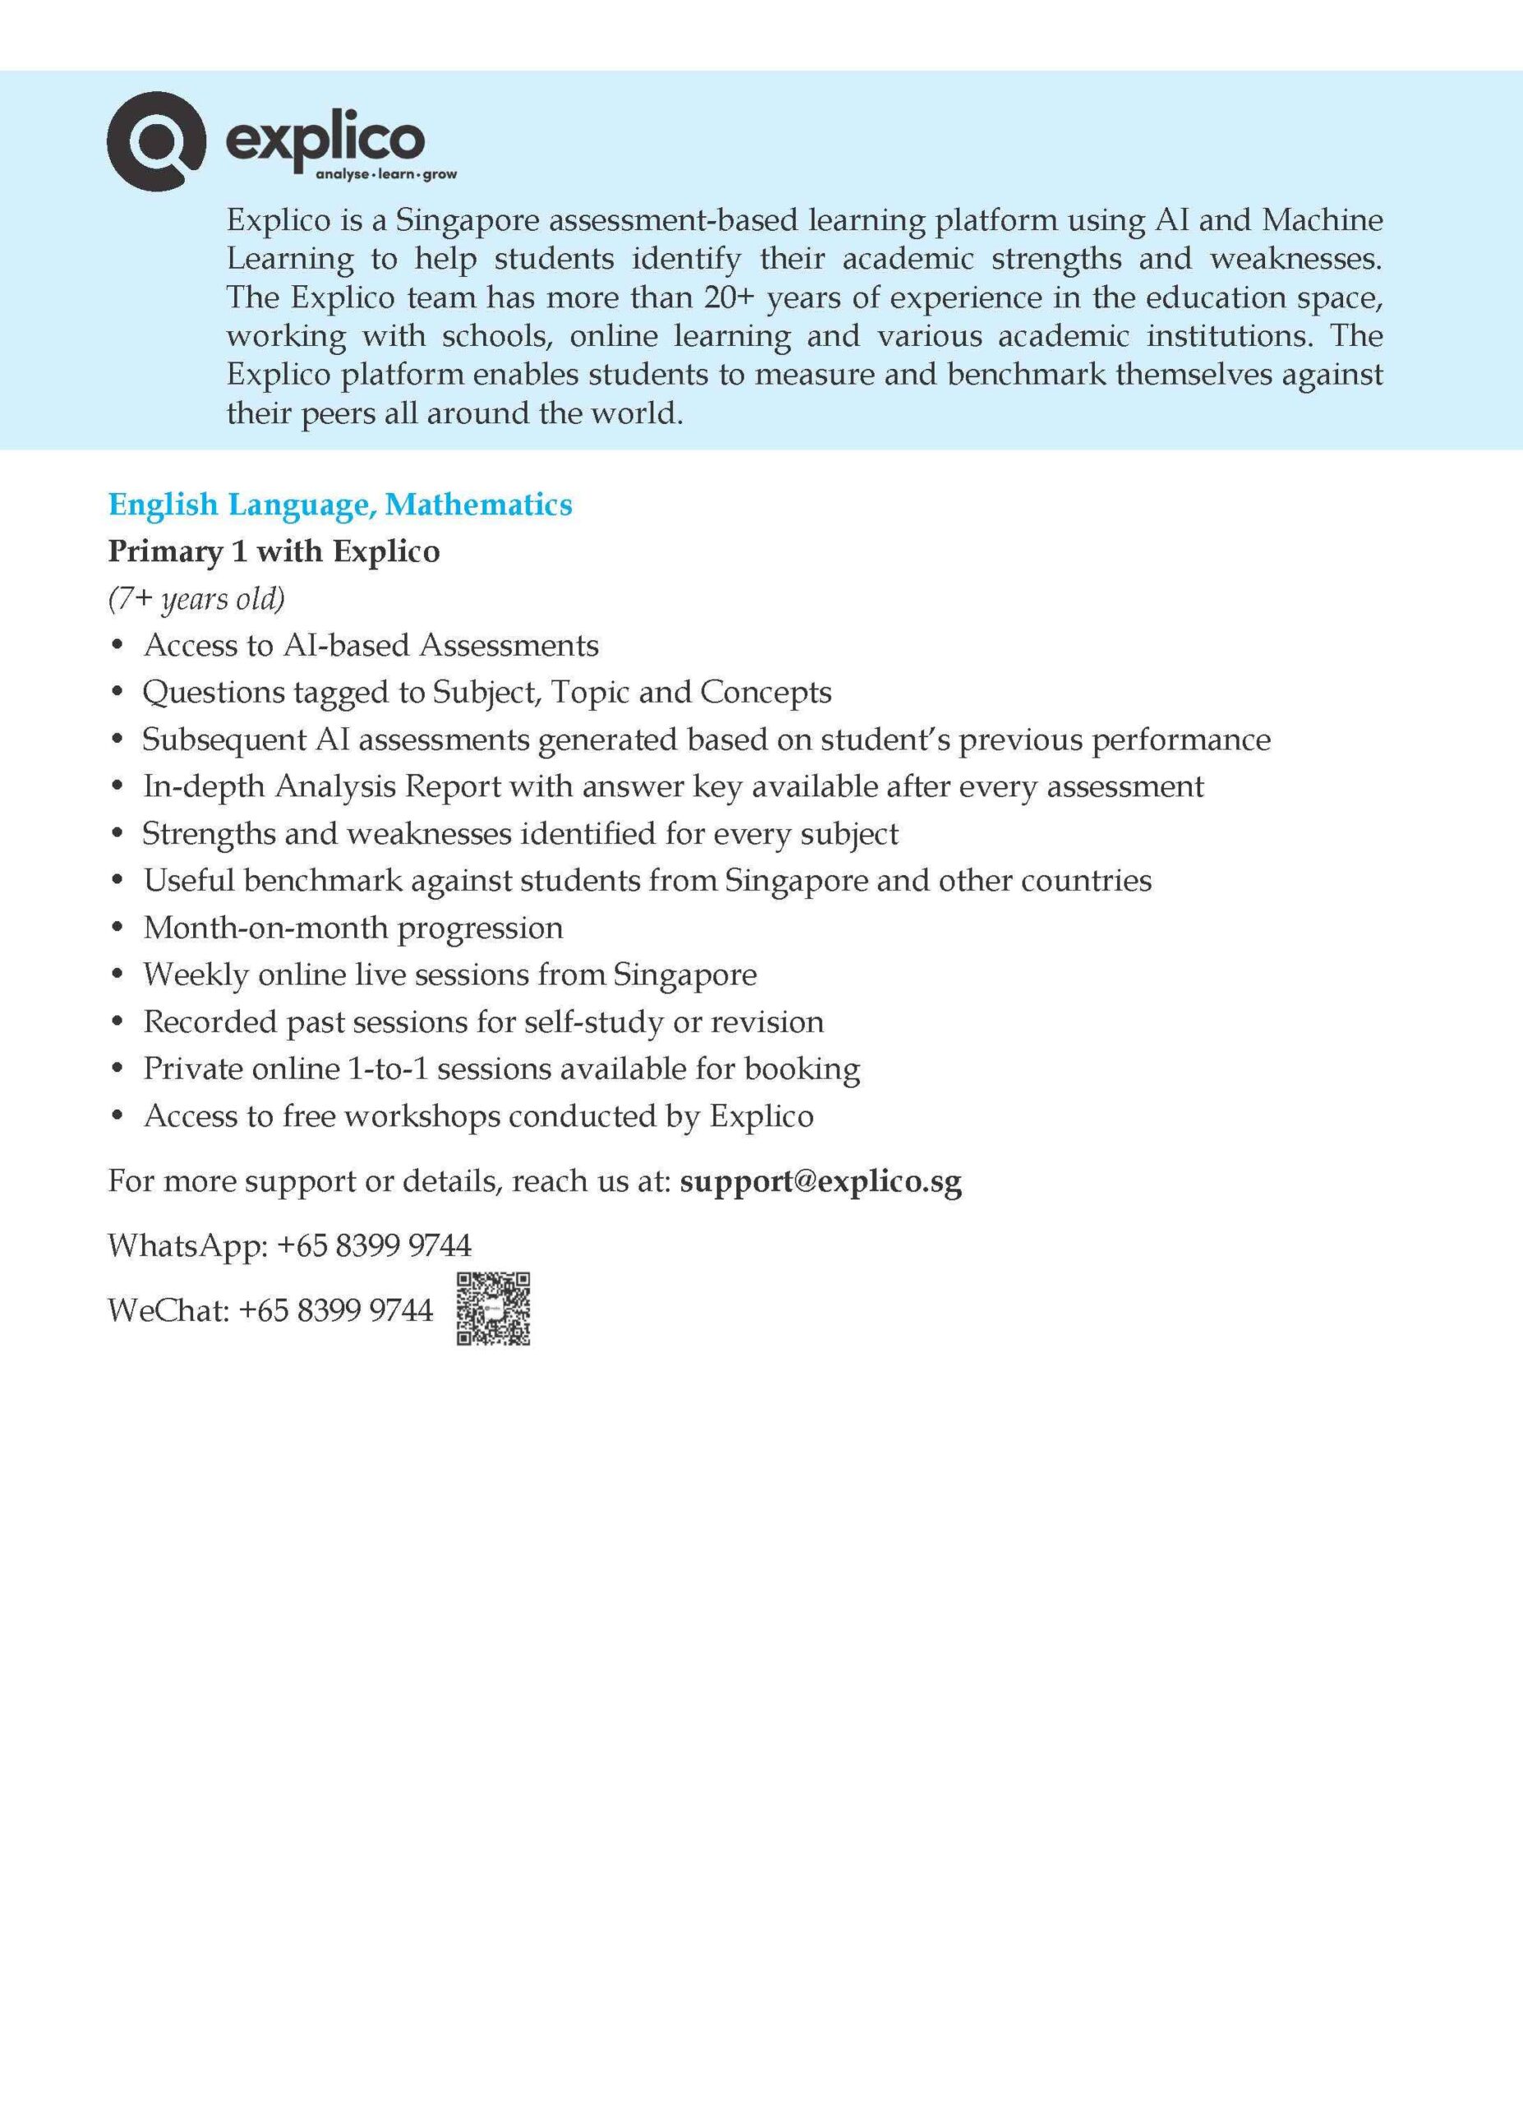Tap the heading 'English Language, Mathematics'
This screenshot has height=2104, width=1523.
[339, 505]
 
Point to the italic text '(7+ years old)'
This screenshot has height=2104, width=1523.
[196, 598]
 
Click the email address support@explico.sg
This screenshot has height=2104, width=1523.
[820, 1181]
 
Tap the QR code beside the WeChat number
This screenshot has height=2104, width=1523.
[492, 1309]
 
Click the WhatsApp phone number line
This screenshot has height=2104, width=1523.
[289, 1244]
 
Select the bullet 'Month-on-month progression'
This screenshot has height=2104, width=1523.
[353, 927]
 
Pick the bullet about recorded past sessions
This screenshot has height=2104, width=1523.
[482, 1022]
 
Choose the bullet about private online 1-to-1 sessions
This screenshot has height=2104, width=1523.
[501, 1068]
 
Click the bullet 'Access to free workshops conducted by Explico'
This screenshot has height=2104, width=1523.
[478, 1115]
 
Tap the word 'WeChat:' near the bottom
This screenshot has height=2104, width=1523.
[168, 1310]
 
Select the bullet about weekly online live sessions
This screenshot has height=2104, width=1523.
[450, 974]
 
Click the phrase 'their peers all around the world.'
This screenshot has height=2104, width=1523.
[455, 413]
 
